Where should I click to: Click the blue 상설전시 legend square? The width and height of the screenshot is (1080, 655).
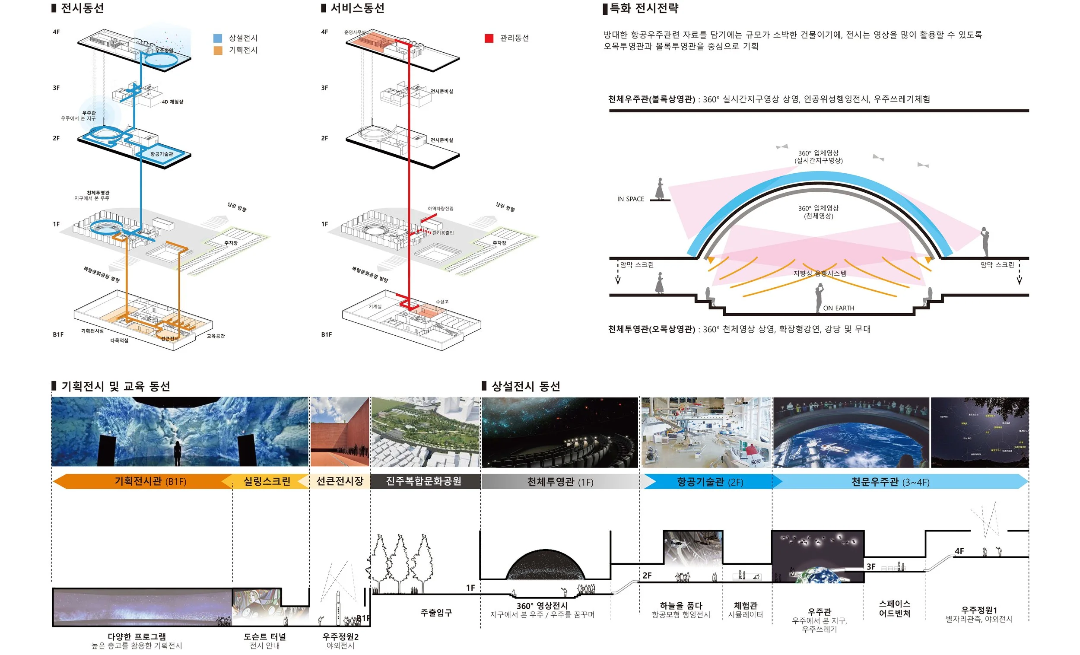(x=218, y=38)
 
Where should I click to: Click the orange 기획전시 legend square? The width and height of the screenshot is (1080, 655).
(x=218, y=51)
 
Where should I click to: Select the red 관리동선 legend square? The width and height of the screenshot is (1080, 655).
(x=489, y=38)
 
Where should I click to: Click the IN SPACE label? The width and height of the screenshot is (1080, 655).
(x=630, y=199)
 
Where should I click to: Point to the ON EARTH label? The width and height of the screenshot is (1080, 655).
(x=838, y=308)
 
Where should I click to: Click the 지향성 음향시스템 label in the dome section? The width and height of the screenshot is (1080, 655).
(x=819, y=273)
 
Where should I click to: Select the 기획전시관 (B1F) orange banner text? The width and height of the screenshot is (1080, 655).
(x=150, y=481)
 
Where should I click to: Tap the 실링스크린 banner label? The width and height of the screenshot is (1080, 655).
(x=267, y=481)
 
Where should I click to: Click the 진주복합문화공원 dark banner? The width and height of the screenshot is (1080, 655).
(x=423, y=481)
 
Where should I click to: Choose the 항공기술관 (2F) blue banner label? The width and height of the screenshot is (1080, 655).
(x=710, y=482)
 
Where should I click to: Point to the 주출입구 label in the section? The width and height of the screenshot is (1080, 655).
(x=436, y=613)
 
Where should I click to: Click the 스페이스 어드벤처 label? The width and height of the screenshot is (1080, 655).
(x=894, y=608)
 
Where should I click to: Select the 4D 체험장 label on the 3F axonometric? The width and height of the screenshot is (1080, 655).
(x=172, y=102)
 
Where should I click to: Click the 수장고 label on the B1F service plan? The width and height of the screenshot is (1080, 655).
(x=442, y=302)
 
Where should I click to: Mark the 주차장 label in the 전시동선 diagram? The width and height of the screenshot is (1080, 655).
(x=231, y=243)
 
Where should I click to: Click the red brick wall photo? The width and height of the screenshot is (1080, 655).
(x=339, y=432)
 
